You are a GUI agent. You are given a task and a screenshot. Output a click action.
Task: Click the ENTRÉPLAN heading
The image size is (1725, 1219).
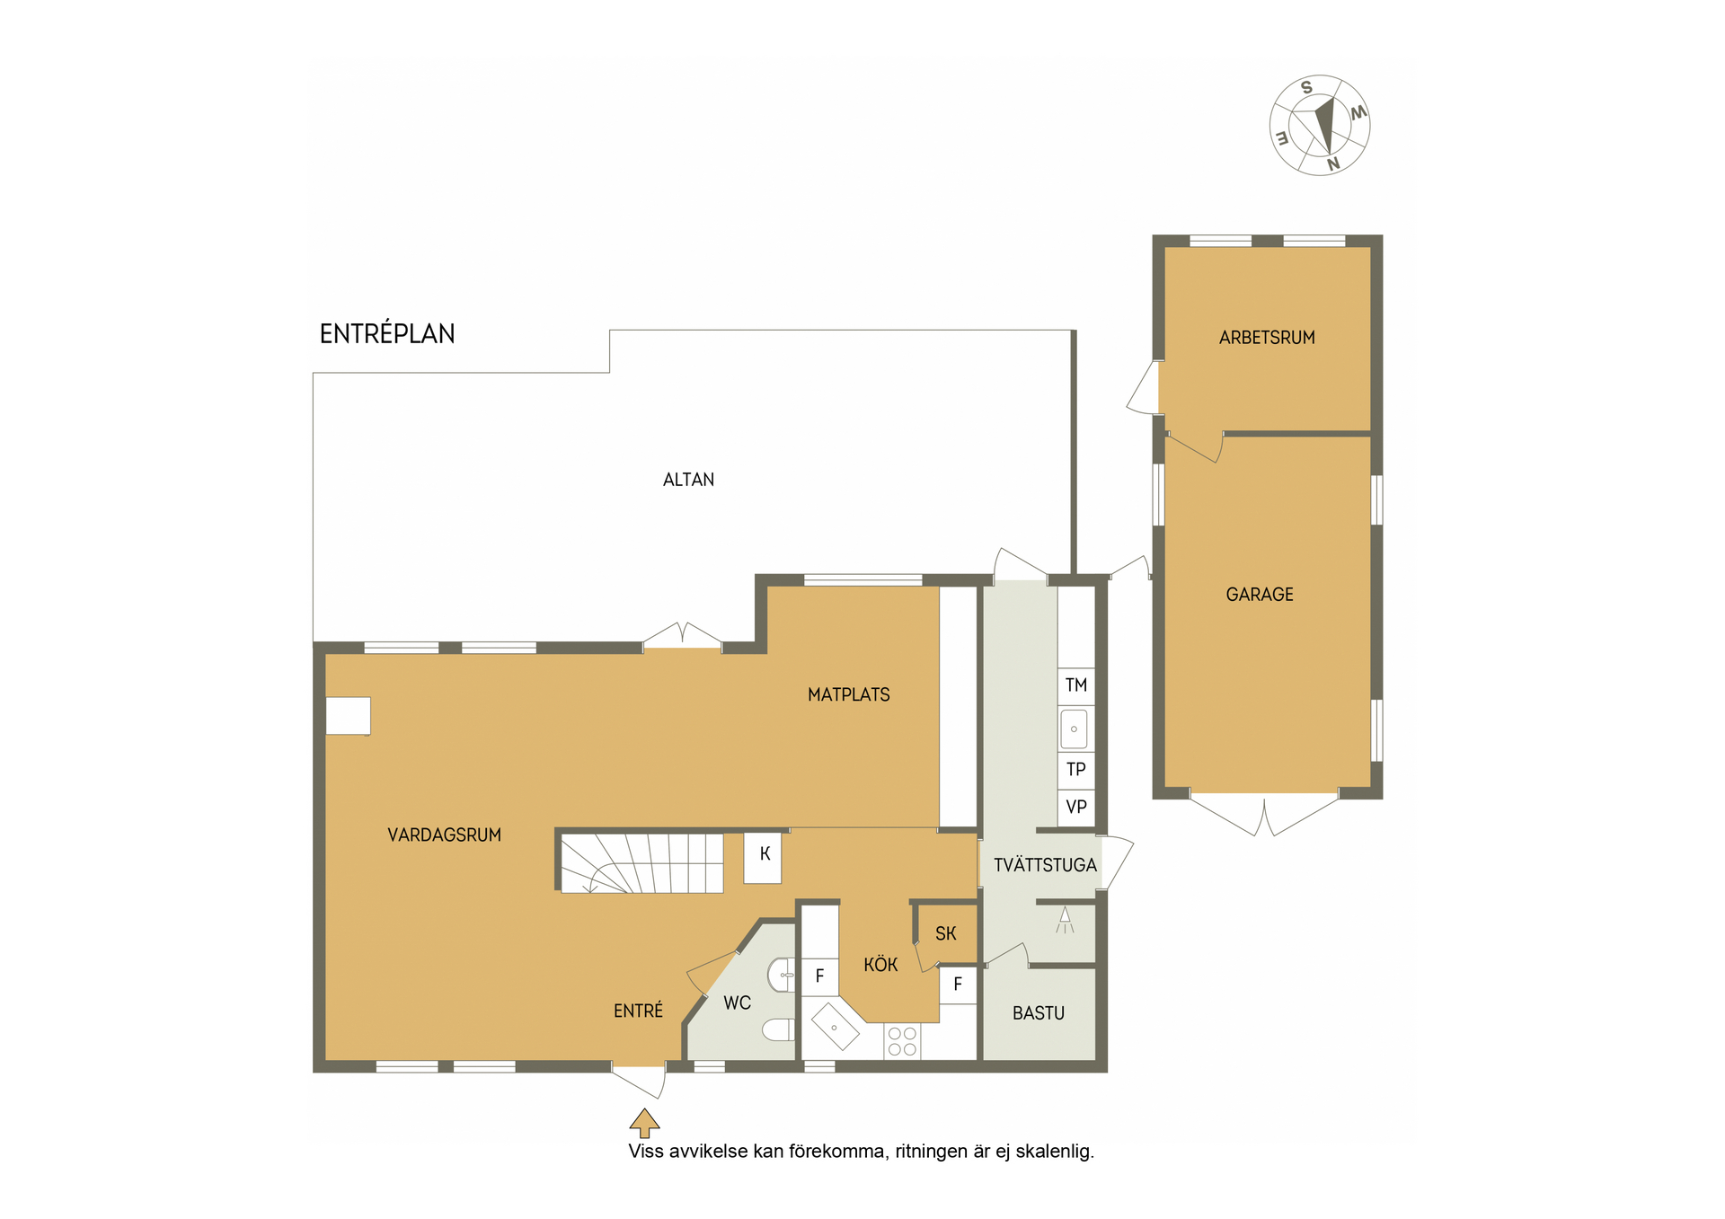point(387,333)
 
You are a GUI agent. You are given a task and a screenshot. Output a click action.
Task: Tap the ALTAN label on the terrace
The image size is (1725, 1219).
point(688,480)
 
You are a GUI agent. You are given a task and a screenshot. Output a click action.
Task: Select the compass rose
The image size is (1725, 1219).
point(1320,125)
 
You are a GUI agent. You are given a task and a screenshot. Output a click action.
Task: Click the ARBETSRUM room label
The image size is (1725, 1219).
point(1267,338)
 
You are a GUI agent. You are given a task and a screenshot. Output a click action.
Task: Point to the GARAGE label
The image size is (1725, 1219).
point(1260,595)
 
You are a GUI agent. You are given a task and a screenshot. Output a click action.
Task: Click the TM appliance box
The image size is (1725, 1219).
point(1076,686)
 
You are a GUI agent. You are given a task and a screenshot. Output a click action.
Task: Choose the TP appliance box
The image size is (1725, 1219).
point(1076,770)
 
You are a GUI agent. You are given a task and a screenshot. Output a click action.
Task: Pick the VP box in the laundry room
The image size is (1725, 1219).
point(1076,808)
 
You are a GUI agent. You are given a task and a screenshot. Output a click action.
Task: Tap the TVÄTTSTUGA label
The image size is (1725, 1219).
point(1045,865)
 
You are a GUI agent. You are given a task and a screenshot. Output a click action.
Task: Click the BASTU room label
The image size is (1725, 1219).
point(1039,1013)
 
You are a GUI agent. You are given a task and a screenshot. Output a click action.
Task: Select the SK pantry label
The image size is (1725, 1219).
point(945,934)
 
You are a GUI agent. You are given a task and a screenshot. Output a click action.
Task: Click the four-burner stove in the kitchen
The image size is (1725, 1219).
point(902,1042)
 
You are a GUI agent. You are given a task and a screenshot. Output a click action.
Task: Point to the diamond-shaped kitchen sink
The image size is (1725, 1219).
point(836,1027)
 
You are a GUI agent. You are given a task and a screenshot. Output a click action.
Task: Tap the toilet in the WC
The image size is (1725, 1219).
point(779,1029)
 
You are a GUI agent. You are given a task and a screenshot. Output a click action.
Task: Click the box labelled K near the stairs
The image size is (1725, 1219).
point(763,858)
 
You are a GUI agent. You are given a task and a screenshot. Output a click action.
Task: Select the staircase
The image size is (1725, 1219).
point(641,863)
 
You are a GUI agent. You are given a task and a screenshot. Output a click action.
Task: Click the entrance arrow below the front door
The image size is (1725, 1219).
point(644,1123)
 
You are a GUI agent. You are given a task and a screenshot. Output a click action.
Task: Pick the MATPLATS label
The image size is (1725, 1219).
point(848,695)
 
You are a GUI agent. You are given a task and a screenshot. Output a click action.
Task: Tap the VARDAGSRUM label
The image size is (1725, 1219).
point(444,835)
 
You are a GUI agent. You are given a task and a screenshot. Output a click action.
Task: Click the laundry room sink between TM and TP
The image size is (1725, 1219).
point(1075,729)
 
